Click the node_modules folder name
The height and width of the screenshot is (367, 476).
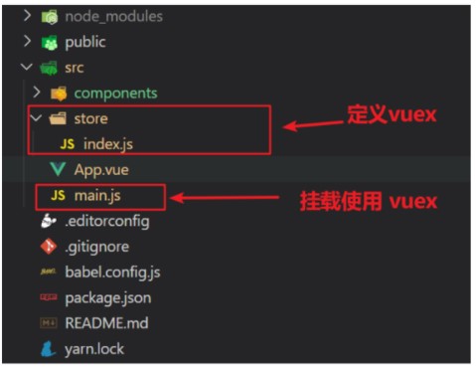(x=113, y=17)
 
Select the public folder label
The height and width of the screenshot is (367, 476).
(x=85, y=42)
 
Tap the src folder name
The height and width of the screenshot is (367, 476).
(x=75, y=68)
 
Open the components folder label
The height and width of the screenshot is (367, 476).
(x=115, y=92)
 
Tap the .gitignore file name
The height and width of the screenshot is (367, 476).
(x=96, y=246)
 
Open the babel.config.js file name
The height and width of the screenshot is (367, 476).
(x=112, y=272)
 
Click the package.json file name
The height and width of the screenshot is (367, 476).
(x=107, y=297)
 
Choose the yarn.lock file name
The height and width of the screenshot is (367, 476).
(x=95, y=349)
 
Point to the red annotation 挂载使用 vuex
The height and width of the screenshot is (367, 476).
(x=369, y=201)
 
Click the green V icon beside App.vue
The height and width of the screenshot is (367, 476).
(x=58, y=170)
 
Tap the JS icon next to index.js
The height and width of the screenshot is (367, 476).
(x=67, y=144)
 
